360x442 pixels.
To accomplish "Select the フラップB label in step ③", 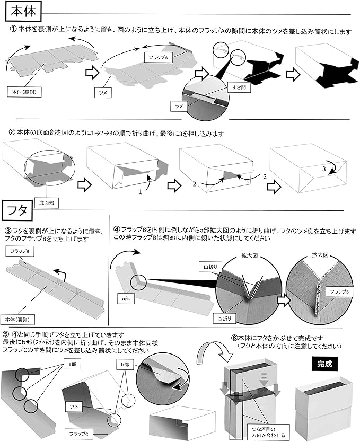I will (18, 251).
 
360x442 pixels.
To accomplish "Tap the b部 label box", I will (124, 365).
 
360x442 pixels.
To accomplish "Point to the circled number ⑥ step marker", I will (234, 337).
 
